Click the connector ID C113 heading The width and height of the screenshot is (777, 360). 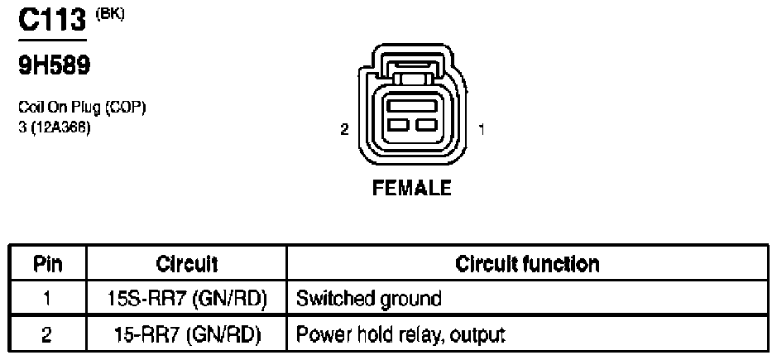(x=52, y=20)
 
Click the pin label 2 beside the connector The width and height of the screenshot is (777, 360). (x=343, y=129)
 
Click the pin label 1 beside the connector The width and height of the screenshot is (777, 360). (x=482, y=129)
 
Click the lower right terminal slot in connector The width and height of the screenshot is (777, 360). (x=425, y=124)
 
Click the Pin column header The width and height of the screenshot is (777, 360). (x=49, y=264)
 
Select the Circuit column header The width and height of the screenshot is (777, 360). (x=187, y=264)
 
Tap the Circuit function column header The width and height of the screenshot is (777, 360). (x=527, y=264)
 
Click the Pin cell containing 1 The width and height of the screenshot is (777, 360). (x=49, y=298)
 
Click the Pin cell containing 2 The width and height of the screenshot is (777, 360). (x=49, y=334)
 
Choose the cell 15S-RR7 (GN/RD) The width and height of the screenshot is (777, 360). (x=187, y=298)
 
